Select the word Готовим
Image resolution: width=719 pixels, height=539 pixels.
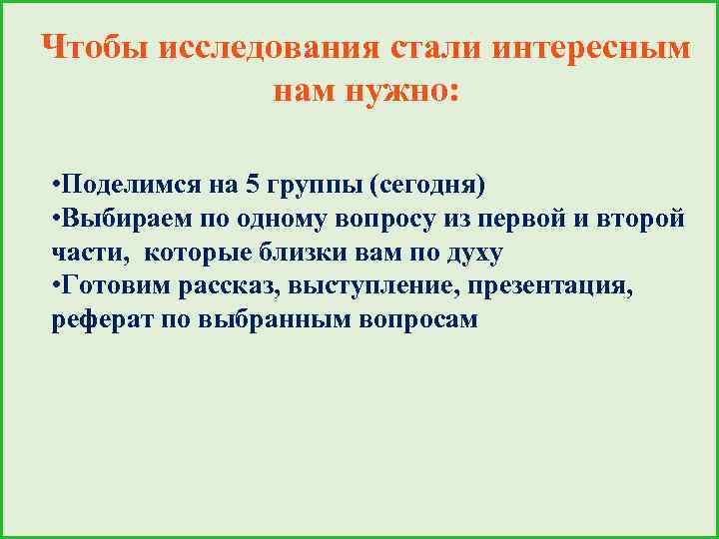[x=113, y=286]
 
